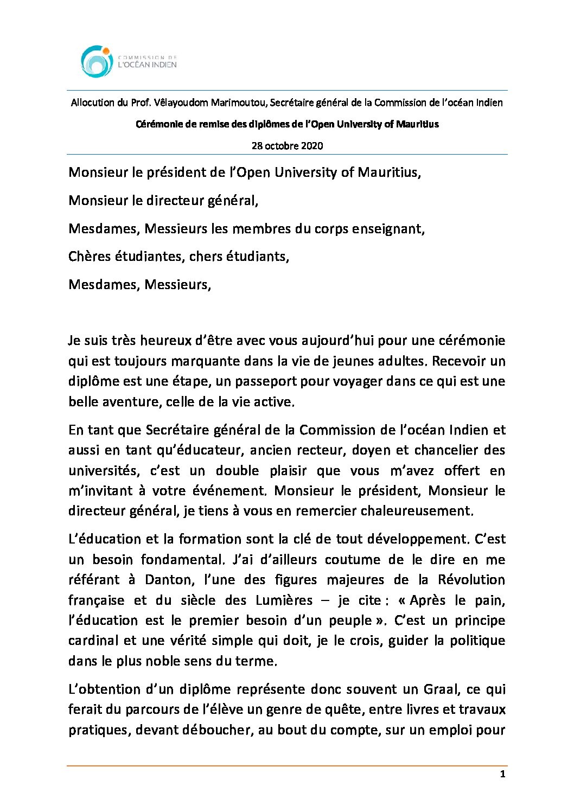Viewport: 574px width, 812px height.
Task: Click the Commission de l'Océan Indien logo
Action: [x=129, y=61]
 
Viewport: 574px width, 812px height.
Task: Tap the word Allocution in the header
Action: [x=92, y=103]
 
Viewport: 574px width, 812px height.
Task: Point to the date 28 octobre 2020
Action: [x=287, y=145]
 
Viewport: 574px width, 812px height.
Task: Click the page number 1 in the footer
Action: [x=502, y=774]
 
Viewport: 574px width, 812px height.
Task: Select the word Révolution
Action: [x=471, y=580]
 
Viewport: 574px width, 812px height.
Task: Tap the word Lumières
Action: [x=284, y=600]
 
